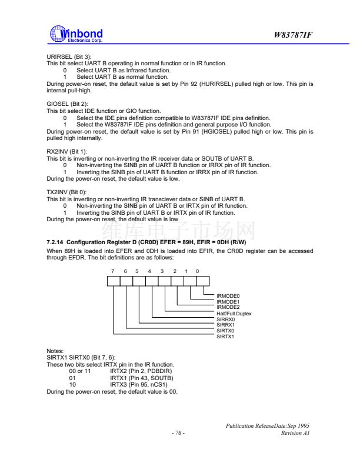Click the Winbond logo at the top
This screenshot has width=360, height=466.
coord(77,35)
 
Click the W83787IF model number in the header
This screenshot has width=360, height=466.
coord(292,35)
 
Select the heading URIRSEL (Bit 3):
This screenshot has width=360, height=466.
coord(66,56)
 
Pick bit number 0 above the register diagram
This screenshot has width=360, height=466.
coord(198,271)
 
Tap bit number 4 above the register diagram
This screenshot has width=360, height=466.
coord(149,271)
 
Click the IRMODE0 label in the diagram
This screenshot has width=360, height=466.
coord(229,295)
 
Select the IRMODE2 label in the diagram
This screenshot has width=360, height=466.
coord(229,307)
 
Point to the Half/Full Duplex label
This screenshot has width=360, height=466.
coord(234,314)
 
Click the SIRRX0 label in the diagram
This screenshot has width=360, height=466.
coord(226,319)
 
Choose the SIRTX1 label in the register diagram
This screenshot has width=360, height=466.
coord(226,337)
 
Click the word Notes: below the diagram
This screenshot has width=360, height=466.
coord(55,351)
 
